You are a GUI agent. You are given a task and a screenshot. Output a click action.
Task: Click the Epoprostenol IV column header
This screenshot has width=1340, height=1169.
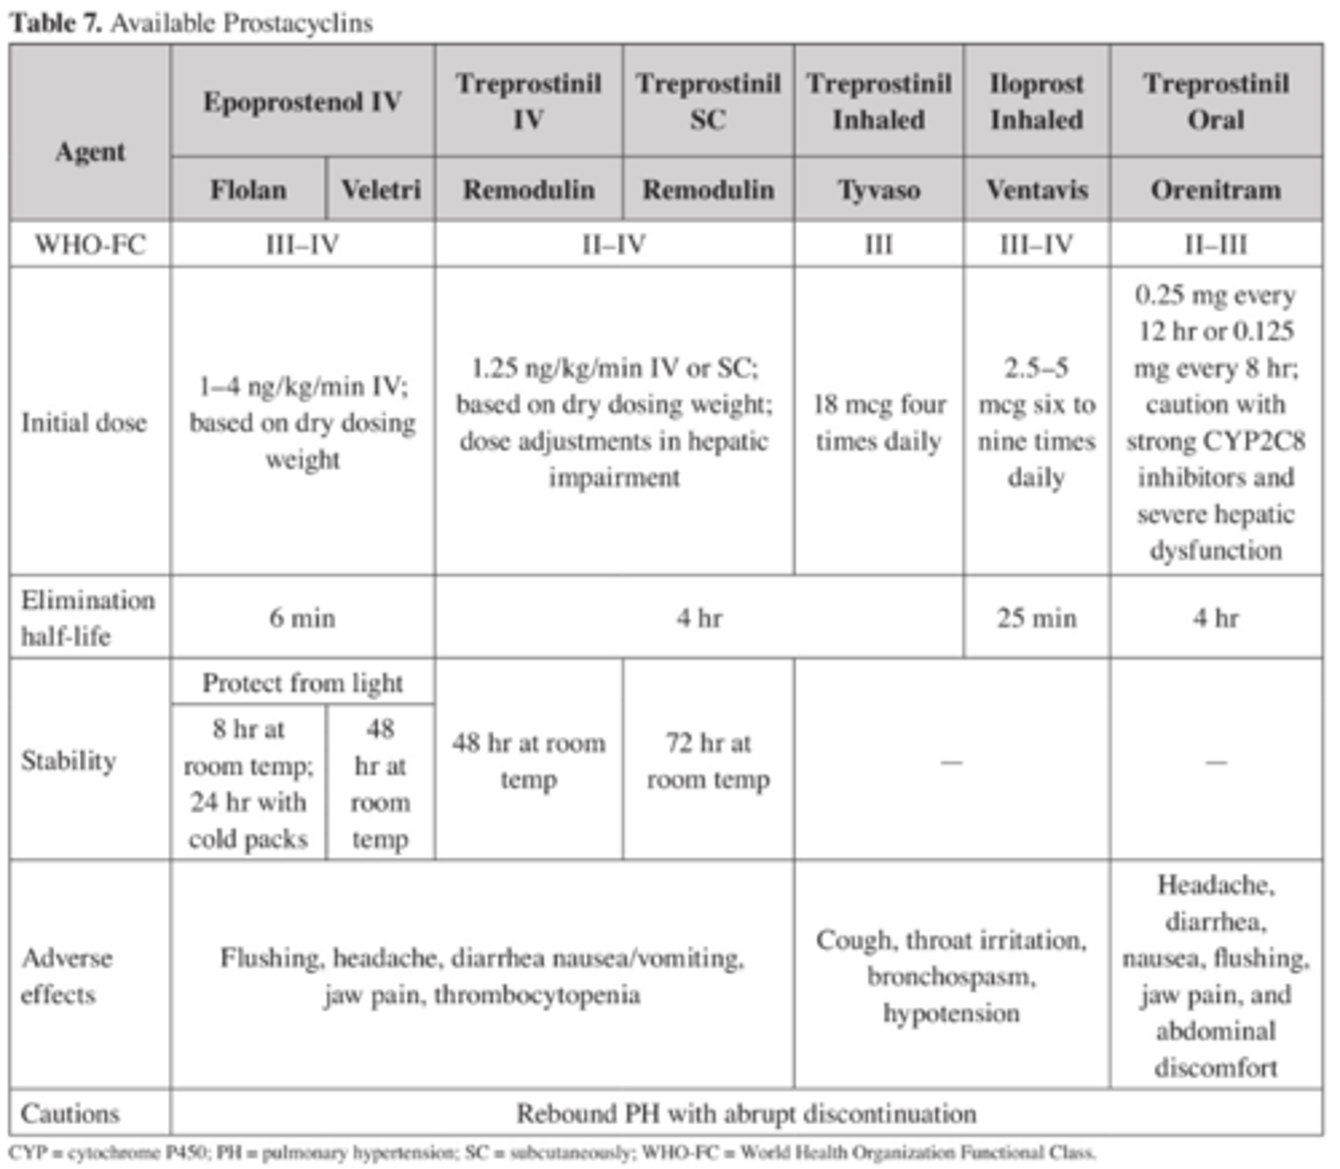point(302,101)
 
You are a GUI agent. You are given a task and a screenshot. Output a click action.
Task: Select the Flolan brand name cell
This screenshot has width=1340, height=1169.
point(248,189)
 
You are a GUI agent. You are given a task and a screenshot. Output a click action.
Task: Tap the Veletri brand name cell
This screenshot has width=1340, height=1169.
point(381,189)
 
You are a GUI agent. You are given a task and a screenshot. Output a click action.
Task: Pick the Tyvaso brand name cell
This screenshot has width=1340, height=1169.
point(878,189)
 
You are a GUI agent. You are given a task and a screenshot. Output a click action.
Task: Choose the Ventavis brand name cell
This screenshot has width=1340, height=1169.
point(1036,189)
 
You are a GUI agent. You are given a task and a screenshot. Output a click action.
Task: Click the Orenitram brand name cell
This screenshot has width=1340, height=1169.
point(1215,189)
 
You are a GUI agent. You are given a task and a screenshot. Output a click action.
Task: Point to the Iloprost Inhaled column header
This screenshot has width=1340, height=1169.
point(1036,101)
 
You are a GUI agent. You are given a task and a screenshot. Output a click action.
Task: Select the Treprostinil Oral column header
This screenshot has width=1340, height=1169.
point(1215,101)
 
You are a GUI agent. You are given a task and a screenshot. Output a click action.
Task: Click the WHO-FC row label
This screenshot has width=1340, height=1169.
point(90,244)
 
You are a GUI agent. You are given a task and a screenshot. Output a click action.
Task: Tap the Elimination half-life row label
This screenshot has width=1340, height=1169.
point(88,618)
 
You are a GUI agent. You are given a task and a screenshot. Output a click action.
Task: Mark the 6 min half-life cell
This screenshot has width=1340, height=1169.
point(302,618)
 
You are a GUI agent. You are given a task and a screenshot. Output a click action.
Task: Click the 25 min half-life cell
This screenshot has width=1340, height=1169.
point(1036,618)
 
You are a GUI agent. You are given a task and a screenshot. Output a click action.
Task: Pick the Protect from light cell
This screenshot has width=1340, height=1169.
point(302,683)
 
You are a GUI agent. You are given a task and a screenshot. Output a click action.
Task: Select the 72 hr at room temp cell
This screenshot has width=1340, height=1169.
point(708,761)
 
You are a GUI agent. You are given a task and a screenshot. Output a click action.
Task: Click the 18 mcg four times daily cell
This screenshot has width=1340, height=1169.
point(878,423)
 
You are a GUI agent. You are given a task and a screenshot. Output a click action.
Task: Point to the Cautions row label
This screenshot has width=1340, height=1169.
point(70,1112)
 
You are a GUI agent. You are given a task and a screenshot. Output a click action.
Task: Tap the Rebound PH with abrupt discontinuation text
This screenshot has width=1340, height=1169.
point(746,1112)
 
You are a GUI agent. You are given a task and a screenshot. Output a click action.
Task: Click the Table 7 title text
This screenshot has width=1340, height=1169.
point(191,22)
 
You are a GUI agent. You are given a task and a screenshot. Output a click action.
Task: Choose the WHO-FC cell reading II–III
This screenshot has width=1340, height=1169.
point(1215,244)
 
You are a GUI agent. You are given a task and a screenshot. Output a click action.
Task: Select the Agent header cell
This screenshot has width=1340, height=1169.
point(90,152)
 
